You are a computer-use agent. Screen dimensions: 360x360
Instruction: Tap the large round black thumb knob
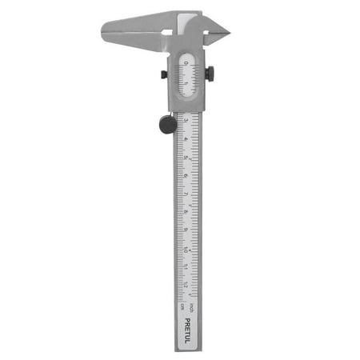coord(166,125)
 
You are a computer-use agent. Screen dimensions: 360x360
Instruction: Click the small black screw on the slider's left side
coord(164,74)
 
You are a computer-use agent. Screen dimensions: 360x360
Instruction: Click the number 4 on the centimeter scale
coord(186,139)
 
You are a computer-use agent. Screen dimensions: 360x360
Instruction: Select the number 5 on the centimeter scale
coord(186,158)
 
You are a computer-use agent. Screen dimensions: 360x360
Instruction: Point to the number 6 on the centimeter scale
coord(186,176)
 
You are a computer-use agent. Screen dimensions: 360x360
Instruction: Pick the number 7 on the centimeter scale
coord(186,194)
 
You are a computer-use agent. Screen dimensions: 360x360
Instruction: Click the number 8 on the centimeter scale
coord(186,213)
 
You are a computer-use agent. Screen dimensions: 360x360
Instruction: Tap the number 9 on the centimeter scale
coord(186,231)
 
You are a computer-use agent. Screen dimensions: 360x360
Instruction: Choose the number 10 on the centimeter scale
coord(186,250)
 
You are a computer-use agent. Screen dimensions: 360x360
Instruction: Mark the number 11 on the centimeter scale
coord(186,268)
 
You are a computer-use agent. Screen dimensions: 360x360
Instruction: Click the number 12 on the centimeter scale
coord(186,286)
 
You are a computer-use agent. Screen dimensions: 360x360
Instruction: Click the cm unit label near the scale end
coord(181,304)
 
